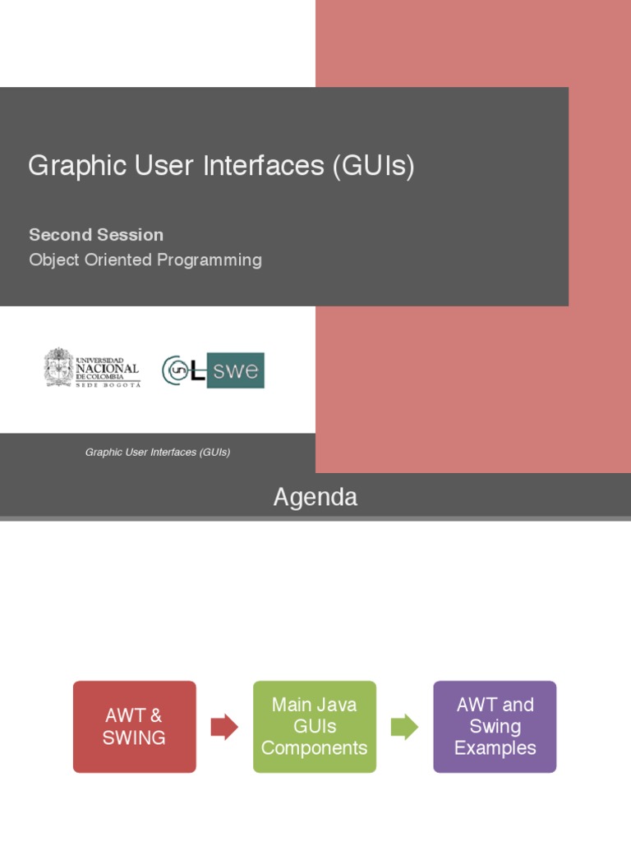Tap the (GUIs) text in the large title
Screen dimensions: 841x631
tap(374, 166)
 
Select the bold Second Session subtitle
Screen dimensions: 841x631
tap(96, 235)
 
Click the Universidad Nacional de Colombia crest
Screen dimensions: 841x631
tap(58, 368)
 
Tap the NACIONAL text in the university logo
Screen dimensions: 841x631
tap(108, 370)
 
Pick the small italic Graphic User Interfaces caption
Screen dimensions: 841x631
tap(158, 453)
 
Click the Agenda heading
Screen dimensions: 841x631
tap(315, 497)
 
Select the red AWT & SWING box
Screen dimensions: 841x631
tap(135, 727)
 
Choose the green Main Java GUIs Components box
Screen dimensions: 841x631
tap(315, 727)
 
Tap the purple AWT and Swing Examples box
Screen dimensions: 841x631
tap(495, 727)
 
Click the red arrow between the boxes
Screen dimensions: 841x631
tap(224, 727)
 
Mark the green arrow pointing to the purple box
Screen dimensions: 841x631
tap(404, 727)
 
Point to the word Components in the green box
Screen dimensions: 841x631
tap(315, 748)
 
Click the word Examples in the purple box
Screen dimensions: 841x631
tap(495, 748)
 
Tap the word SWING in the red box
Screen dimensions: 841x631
tap(134, 738)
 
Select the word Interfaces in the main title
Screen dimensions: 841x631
tap(277, 166)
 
